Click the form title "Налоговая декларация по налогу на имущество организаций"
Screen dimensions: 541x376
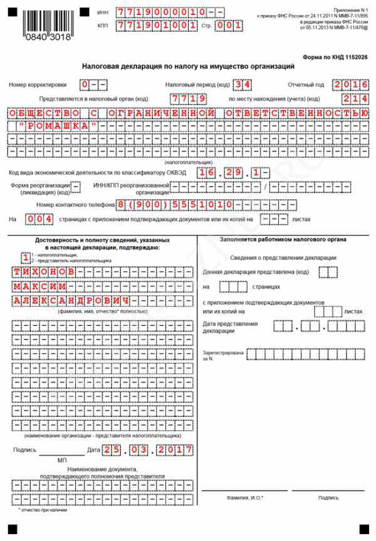pyautogui.click(x=188, y=66)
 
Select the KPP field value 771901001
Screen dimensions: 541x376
pyautogui.click(x=149, y=26)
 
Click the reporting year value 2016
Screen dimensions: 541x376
pyautogui.click(x=350, y=84)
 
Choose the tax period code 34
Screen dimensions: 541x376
pyautogui.click(x=239, y=84)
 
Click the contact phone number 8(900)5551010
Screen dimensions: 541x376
pyautogui.click(x=177, y=204)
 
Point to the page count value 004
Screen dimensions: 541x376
pyautogui.click(x=36, y=219)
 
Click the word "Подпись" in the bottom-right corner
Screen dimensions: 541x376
pyautogui.click(x=328, y=498)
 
